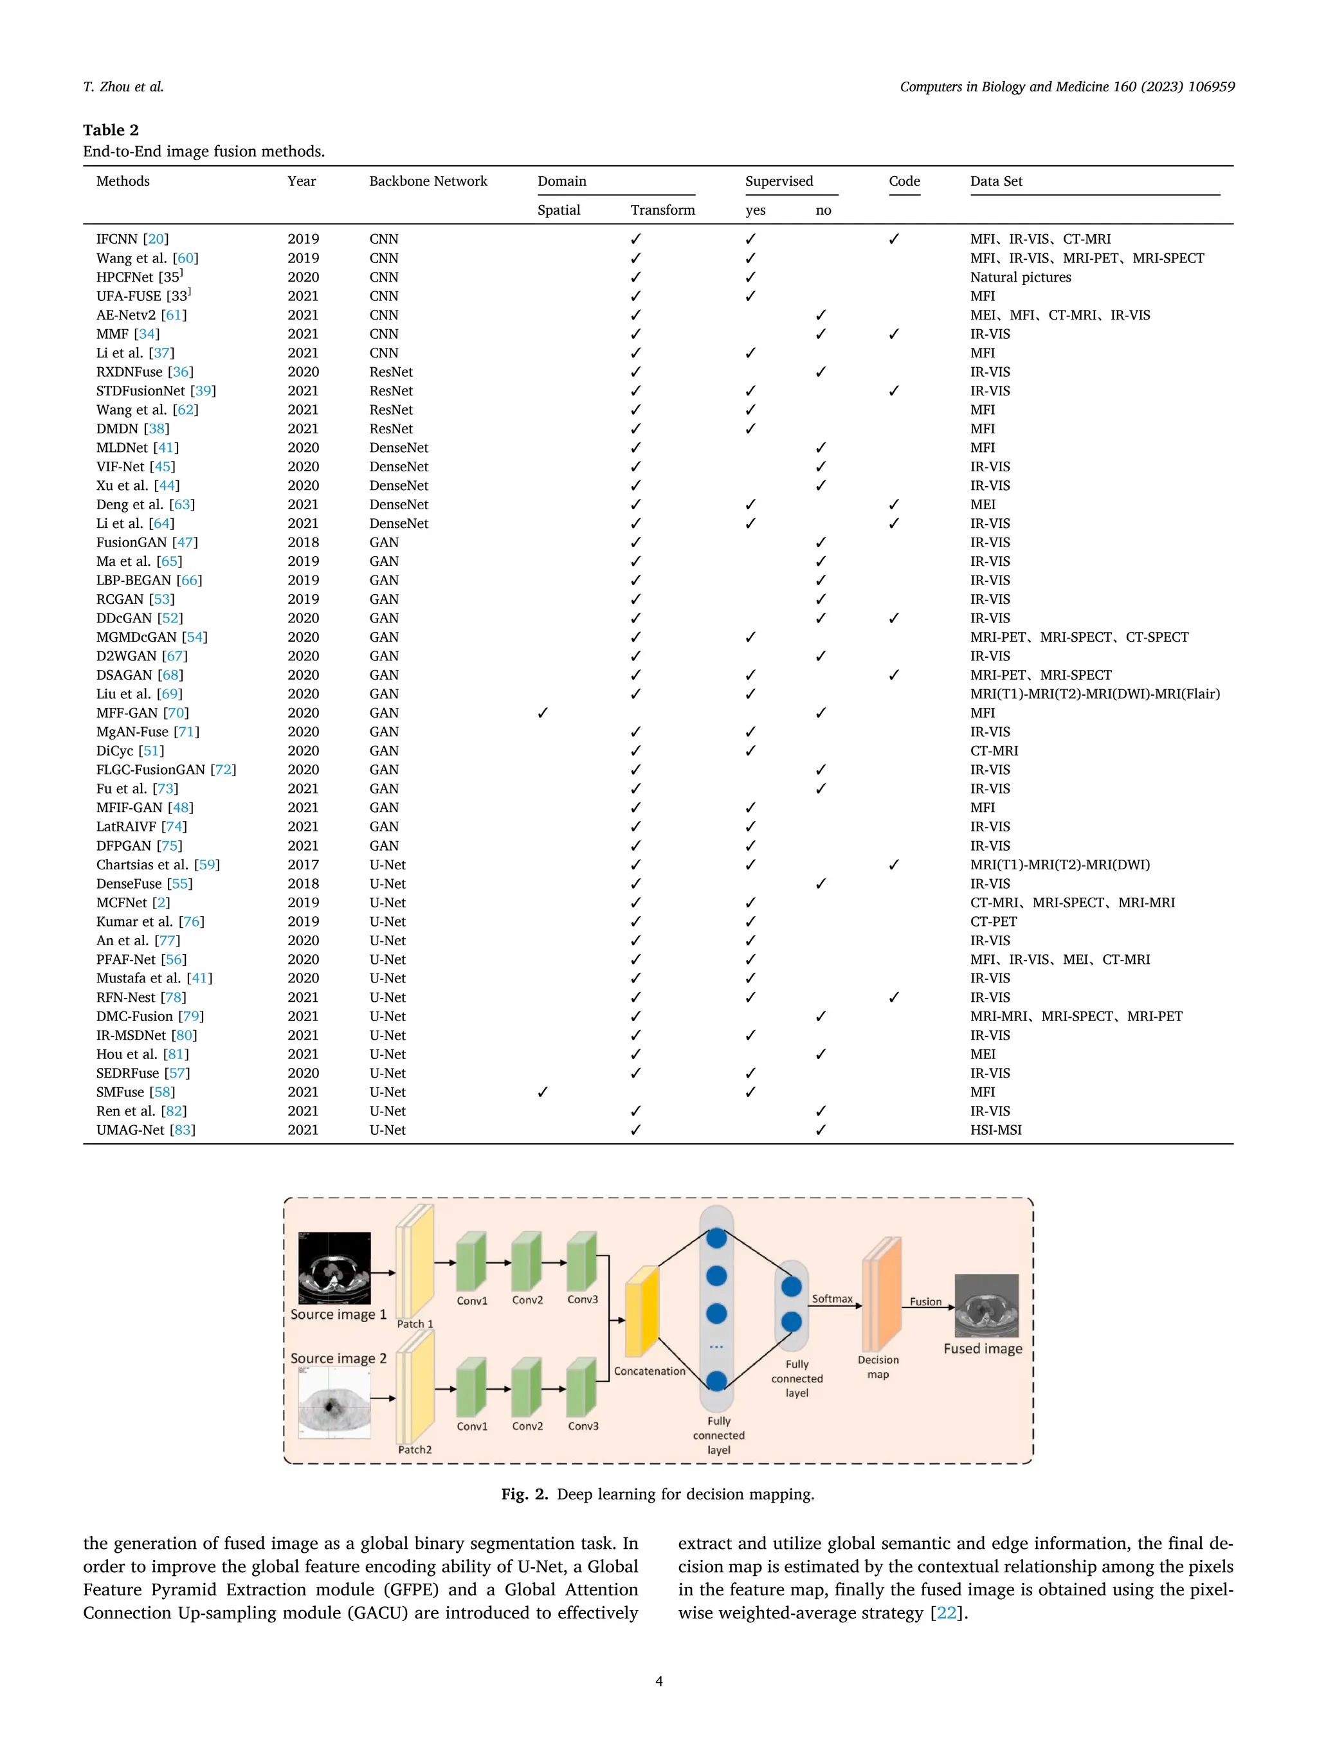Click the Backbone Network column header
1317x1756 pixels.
428,181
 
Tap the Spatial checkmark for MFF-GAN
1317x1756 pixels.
542,713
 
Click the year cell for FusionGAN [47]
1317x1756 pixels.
304,542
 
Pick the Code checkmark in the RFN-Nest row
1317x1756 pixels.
894,997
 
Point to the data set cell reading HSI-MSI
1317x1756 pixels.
995,1130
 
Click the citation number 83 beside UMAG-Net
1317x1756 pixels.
183,1130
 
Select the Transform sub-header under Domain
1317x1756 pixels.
662,210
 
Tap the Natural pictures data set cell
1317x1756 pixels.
1020,277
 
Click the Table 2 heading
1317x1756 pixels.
111,129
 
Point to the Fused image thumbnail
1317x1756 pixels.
986,1305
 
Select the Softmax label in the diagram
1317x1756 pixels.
832,1299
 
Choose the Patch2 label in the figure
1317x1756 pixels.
414,1449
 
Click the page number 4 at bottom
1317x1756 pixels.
658,1681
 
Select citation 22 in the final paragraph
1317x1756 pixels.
946,1613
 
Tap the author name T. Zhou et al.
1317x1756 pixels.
123,87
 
